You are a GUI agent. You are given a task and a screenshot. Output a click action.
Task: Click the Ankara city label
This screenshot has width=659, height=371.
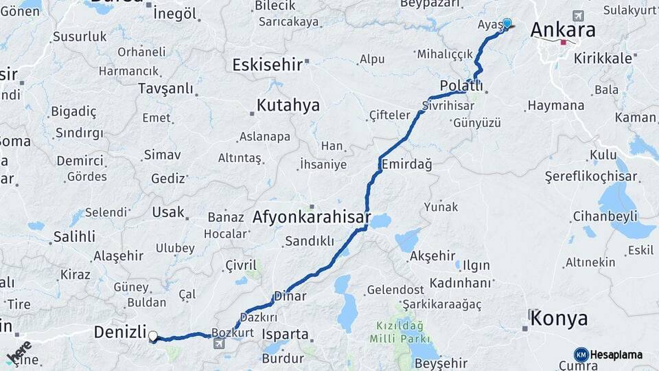[x=562, y=30]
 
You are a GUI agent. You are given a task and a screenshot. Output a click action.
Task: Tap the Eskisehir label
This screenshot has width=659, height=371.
[x=268, y=65]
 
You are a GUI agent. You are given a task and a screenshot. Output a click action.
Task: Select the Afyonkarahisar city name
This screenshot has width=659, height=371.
[x=312, y=218]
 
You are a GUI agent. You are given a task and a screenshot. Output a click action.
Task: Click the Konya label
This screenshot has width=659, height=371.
[x=559, y=318]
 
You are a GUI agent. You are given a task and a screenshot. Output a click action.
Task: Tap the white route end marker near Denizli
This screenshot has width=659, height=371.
[x=153, y=337]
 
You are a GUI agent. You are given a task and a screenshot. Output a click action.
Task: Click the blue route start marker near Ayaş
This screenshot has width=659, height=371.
[x=507, y=23]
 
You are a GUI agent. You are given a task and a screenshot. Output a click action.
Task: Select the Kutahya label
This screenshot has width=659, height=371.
[x=288, y=105]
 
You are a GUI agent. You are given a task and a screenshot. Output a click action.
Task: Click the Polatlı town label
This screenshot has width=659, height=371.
[x=461, y=86]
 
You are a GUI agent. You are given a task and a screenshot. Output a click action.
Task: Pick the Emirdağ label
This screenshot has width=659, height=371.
[x=406, y=164]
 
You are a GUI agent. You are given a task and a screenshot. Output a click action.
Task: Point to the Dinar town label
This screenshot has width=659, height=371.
[x=290, y=296]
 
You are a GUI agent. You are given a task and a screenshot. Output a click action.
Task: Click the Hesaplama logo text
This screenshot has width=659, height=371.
[x=616, y=355]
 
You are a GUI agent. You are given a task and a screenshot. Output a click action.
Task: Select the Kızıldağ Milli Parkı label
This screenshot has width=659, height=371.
[x=399, y=332]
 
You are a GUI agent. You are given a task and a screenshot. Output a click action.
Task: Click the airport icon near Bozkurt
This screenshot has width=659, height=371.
[x=219, y=343]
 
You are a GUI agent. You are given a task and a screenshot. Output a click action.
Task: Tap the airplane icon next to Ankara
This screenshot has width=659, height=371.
[x=578, y=15]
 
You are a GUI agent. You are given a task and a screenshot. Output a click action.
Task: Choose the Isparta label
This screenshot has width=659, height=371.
[x=286, y=335]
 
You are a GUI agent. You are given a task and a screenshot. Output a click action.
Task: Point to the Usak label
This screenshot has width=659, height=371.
[x=168, y=212]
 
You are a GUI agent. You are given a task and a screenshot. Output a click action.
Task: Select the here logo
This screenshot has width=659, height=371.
[x=19, y=352]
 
